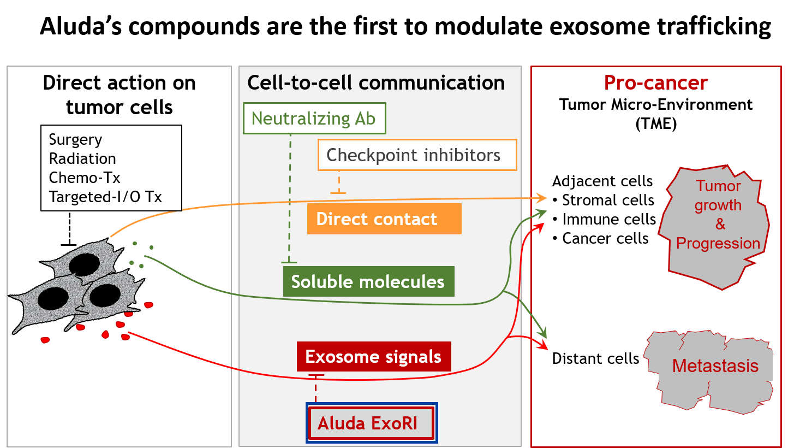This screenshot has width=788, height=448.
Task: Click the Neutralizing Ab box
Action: pyautogui.click(x=314, y=119)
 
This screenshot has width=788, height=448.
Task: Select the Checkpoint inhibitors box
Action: pyautogui.click(x=417, y=155)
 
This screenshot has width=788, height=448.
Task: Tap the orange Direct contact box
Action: pyautogui.click(x=384, y=219)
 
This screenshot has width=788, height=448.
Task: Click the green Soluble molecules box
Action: pyautogui.click(x=369, y=281)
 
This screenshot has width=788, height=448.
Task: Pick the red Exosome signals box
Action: pyautogui.click(x=374, y=356)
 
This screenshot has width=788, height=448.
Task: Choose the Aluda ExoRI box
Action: pyautogui.click(x=372, y=423)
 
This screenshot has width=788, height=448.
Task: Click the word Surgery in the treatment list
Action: pyautogui.click(x=76, y=140)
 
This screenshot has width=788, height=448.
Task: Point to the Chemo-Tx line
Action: pyautogui.click(x=85, y=178)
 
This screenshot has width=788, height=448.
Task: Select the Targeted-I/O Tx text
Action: pyautogui.click(x=105, y=197)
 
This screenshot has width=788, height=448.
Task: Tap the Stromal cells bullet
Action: pyautogui.click(x=604, y=200)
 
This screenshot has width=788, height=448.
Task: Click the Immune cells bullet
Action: pyautogui.click(x=604, y=219)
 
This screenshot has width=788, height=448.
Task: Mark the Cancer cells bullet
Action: pyautogui.click(x=600, y=238)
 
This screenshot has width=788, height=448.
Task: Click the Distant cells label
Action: pyautogui.click(x=595, y=358)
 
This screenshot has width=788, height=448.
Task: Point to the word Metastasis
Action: pyautogui.click(x=715, y=366)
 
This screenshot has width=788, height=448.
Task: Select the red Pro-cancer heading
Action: pyautogui.click(x=656, y=82)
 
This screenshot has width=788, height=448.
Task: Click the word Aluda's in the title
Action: pyautogui.click(x=81, y=26)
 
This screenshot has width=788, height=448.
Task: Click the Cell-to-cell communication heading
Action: pyautogui.click(x=376, y=82)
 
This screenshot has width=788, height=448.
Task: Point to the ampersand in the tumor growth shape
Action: pyautogui.click(x=720, y=224)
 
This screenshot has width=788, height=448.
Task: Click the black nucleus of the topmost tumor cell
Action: pyautogui.click(x=85, y=264)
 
